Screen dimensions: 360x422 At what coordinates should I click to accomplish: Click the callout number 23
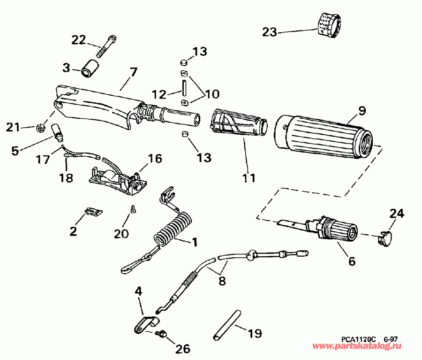270,32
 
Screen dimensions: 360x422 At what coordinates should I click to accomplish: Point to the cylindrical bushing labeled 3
90,68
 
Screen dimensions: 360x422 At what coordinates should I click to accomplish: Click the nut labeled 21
40,126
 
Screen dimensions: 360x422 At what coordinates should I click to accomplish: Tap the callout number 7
133,73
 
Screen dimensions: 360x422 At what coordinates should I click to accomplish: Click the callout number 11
249,178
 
